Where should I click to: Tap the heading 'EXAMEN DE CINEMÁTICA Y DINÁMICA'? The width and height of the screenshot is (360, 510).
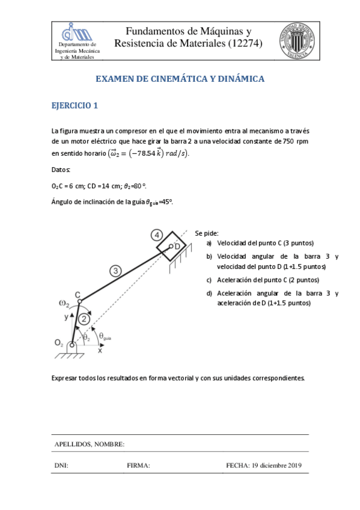click(x=180, y=79)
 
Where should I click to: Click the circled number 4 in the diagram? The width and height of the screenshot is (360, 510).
click(x=156, y=235)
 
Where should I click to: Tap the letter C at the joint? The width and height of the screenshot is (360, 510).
click(x=78, y=294)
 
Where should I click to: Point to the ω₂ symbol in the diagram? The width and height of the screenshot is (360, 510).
click(x=64, y=303)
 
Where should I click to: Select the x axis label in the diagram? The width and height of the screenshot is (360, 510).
click(x=100, y=351)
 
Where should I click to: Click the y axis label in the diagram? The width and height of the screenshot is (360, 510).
click(x=66, y=315)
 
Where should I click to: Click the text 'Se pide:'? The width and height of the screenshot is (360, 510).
click(x=207, y=233)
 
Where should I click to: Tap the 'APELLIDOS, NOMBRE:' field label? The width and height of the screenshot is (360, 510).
click(x=90, y=444)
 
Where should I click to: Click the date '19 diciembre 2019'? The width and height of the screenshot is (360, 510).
click(x=276, y=465)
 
